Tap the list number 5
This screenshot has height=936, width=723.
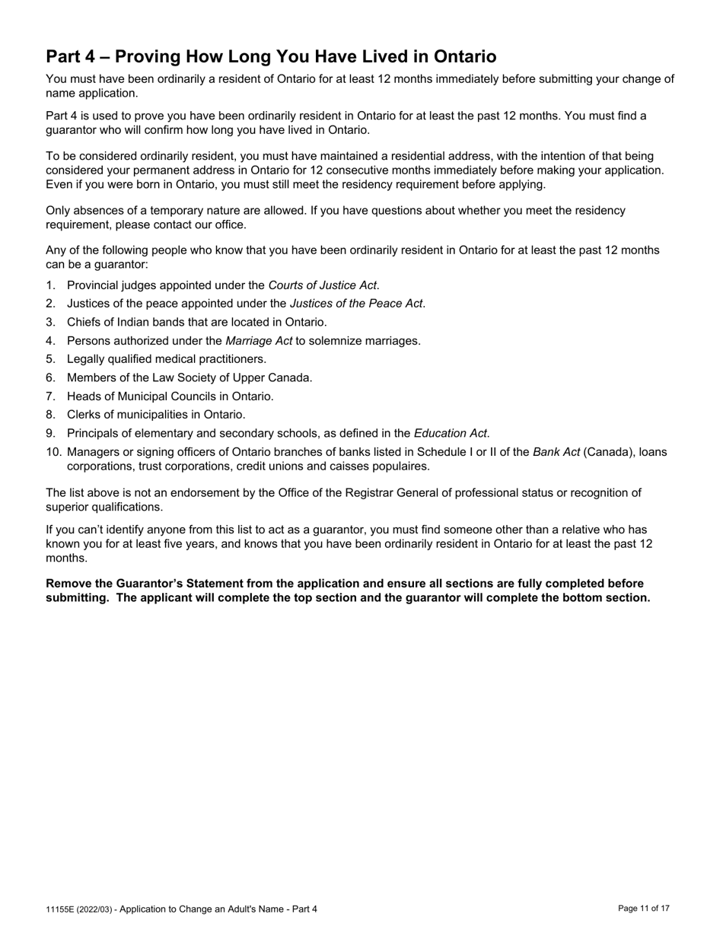coord(50,359)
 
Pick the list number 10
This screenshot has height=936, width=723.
coord(53,452)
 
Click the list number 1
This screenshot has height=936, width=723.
coord(50,285)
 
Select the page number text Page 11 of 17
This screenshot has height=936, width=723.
coord(644,909)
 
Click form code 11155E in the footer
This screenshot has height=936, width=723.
coord(58,909)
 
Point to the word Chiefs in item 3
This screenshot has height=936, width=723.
coord(84,323)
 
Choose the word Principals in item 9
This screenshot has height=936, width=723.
coord(94,434)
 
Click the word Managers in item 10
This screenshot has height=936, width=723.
coord(93,452)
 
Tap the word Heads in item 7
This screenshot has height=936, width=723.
coord(84,396)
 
